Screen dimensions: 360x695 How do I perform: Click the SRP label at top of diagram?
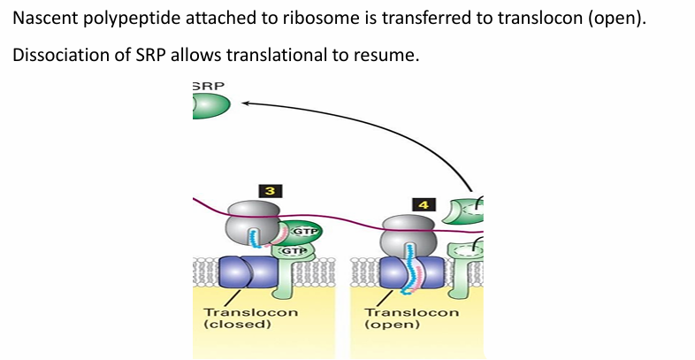(x=208, y=86)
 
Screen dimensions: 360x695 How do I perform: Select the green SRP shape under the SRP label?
(x=210, y=106)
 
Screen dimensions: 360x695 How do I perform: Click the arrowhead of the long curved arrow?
(x=246, y=103)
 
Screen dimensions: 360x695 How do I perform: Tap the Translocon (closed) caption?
(x=250, y=318)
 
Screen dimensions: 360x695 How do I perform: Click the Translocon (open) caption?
(x=411, y=318)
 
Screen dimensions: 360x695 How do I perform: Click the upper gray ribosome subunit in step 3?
(x=254, y=213)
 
